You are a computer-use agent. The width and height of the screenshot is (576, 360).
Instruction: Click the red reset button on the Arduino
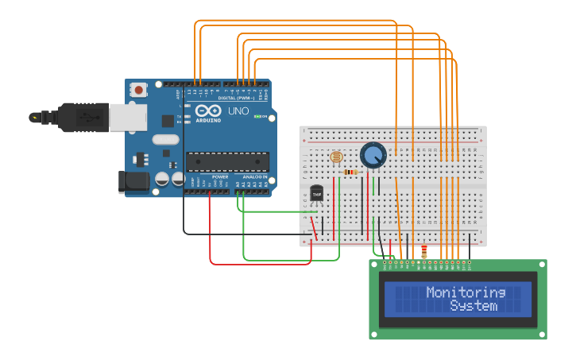(140, 90)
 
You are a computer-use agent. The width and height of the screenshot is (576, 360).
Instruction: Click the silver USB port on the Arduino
(126, 117)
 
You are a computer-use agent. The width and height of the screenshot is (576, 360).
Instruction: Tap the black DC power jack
(133, 181)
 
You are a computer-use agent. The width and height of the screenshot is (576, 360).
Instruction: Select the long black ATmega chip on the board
(226, 161)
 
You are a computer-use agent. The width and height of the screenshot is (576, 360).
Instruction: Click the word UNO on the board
(238, 111)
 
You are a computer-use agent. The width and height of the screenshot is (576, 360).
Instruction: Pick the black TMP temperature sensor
(317, 193)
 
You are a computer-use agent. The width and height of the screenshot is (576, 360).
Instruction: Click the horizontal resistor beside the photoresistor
(350, 172)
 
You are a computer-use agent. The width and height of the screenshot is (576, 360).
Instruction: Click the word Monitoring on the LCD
(466, 292)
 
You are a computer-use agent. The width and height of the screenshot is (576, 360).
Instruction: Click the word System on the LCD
(474, 305)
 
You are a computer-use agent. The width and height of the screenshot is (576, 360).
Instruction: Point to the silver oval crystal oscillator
(165, 140)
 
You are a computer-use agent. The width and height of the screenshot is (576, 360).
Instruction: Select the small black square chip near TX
(168, 121)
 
